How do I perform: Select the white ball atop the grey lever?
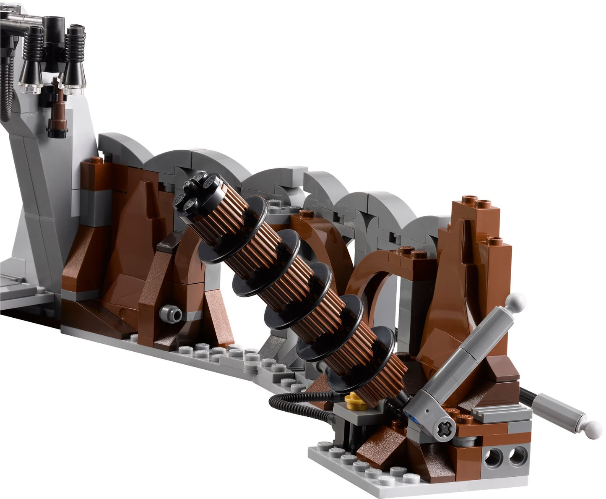tap(517, 300)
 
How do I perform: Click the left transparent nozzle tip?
tap(31, 87)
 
